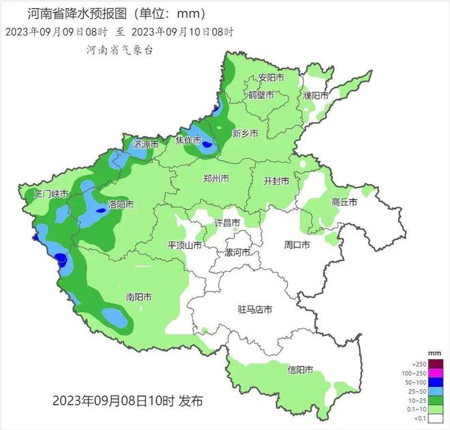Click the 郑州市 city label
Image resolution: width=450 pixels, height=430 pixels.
tap(216, 179)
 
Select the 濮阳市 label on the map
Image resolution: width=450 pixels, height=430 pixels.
tap(316, 95)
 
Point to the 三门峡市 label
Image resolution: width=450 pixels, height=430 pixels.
tap(52, 194)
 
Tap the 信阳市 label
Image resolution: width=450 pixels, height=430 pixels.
tap(301, 370)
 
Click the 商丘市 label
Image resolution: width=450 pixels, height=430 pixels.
tap(345, 202)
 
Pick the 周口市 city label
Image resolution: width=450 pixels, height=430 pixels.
tap(297, 244)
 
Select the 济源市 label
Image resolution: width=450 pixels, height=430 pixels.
tap(146, 144)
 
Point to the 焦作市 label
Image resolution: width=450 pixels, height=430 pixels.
tap(188, 140)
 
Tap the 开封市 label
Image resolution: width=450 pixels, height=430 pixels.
tap(277, 181)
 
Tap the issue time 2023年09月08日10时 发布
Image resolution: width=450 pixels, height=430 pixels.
tap(127, 400)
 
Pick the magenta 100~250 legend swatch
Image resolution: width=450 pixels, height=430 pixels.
tap(436, 373)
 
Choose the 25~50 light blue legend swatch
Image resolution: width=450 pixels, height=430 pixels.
tap(436, 392)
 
